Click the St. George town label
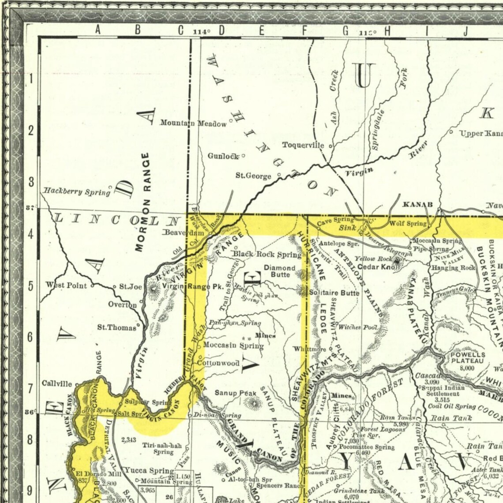point(253,176)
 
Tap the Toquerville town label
point(303,145)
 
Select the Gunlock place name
point(223,156)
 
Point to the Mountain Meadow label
point(193,124)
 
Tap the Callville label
point(56,383)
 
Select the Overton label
point(122,304)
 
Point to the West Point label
point(67,285)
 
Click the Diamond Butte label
point(280,271)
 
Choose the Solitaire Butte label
point(334,292)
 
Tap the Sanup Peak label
point(233,393)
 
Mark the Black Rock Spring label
point(267,254)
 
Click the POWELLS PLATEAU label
point(467,358)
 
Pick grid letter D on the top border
point(221,30)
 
